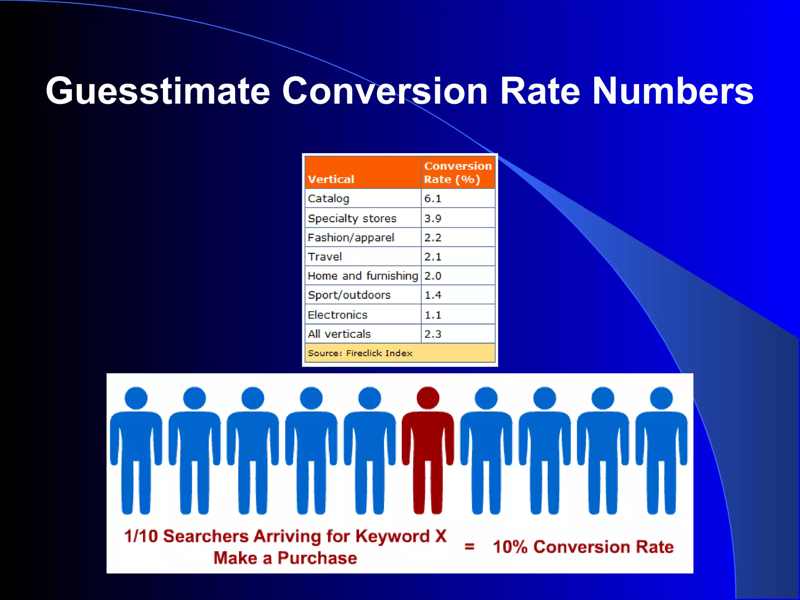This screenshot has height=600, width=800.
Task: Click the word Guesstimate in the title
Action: [x=158, y=91]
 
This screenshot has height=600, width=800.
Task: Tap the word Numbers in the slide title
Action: [x=673, y=91]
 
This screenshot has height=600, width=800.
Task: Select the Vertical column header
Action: [x=331, y=179]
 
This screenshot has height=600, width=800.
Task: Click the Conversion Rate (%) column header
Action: [x=457, y=173]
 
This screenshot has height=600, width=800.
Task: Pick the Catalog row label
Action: [x=328, y=198]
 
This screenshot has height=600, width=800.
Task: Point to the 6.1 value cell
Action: [x=433, y=198]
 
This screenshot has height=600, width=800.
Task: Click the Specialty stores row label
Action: [x=352, y=218]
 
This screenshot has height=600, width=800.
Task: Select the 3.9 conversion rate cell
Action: [x=433, y=218]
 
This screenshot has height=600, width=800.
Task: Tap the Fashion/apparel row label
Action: [x=351, y=237]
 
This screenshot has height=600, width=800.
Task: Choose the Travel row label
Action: [x=325, y=257]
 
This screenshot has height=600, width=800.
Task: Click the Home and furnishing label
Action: [x=362, y=276]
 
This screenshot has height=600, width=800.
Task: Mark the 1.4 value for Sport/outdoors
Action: [x=433, y=295]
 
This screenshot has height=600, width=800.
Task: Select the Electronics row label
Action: [x=337, y=315]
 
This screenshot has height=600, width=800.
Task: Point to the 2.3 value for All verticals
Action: [x=433, y=334]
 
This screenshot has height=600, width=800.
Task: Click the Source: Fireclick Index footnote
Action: [x=360, y=353]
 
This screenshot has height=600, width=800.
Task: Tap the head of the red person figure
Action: [x=428, y=398]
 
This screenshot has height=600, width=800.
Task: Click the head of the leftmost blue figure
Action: [x=136, y=398]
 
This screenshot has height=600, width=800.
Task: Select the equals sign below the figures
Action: [x=469, y=546]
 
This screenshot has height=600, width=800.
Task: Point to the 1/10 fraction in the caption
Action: [x=141, y=536]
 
